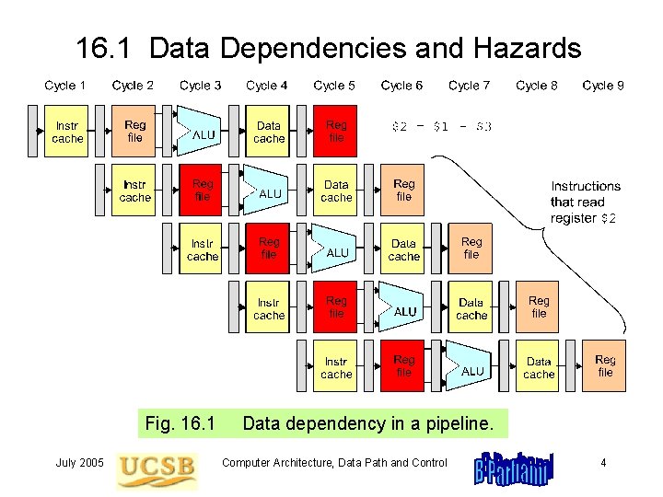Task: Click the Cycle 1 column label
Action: coord(65,86)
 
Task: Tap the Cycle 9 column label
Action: coord(603,86)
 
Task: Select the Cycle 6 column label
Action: coord(401,86)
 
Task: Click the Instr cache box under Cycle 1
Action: coord(67,132)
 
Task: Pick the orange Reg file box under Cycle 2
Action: coord(135,132)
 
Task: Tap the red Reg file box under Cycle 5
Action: coord(336,132)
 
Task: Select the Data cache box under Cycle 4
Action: coord(269,132)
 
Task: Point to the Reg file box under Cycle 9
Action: coord(605,366)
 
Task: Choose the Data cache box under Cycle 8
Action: coord(539,366)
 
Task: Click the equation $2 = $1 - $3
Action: coord(442,126)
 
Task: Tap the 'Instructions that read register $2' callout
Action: coord(586,202)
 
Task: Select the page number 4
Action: coord(603,463)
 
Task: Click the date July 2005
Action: coord(79,463)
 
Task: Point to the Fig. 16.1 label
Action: coord(180,424)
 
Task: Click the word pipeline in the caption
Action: coord(457,424)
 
